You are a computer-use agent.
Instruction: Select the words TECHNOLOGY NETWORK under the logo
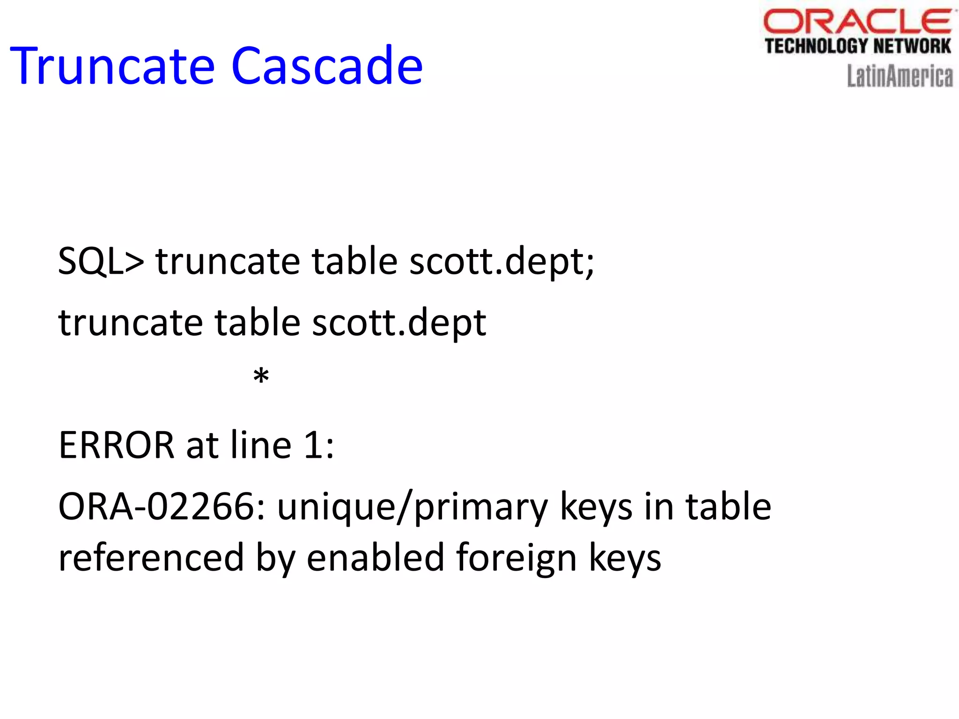pyautogui.click(x=857, y=46)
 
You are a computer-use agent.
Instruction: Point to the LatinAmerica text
pyautogui.click(x=900, y=76)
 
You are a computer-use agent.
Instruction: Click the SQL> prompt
pyautogui.click(x=101, y=261)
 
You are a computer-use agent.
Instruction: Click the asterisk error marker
pyautogui.click(x=261, y=376)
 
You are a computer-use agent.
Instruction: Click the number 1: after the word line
pyautogui.click(x=318, y=445)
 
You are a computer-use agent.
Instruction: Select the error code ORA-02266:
pyautogui.click(x=162, y=506)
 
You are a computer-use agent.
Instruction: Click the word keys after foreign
pyautogui.click(x=625, y=558)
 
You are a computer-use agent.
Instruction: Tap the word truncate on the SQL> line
pyautogui.click(x=228, y=261)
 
